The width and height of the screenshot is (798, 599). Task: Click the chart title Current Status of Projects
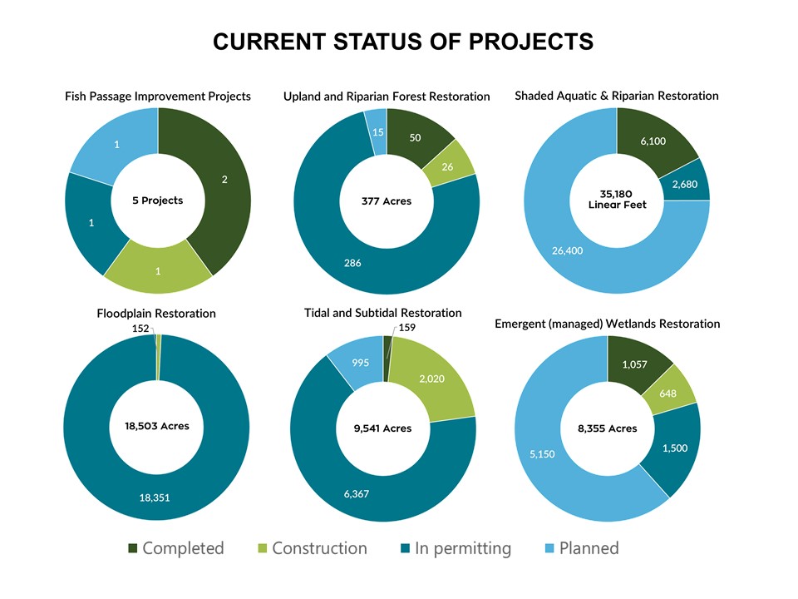coord(403,42)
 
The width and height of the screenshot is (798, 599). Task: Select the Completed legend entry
coord(176,548)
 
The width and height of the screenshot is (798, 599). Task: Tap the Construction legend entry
coord(313,548)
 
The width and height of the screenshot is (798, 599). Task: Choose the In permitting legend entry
coord(456,548)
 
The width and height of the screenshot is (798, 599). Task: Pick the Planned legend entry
coord(582,548)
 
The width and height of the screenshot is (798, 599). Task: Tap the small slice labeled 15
coord(377,131)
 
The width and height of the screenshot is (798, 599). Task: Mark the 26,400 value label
coord(568,250)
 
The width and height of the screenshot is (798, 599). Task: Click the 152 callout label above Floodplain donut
coord(140,329)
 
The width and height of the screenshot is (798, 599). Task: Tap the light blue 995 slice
coord(359,362)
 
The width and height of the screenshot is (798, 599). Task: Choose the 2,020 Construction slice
coord(432,379)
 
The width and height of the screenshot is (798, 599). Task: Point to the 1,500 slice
coord(674,448)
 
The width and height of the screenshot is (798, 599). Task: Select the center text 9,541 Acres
coord(382,428)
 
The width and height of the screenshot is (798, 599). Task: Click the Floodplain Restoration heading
coord(156,314)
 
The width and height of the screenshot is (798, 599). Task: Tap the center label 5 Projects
coord(158,200)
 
